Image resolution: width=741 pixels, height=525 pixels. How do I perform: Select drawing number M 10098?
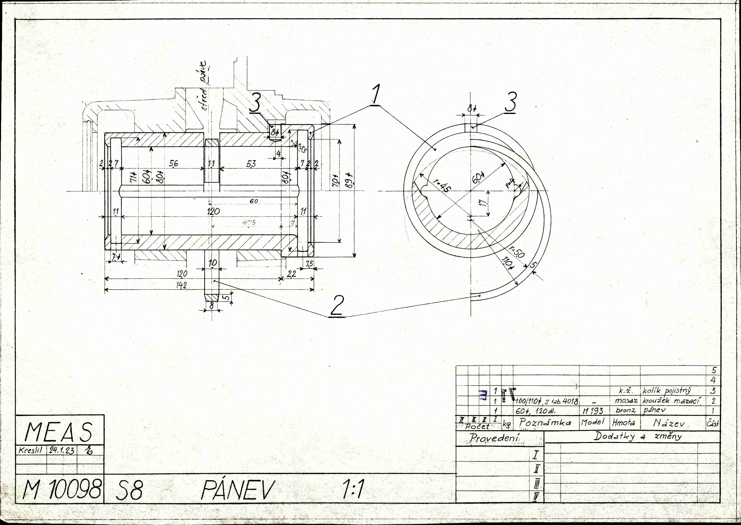click(61, 489)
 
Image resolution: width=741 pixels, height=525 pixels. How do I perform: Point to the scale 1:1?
click(353, 489)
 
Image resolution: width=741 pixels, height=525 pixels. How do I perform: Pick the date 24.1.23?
click(61, 450)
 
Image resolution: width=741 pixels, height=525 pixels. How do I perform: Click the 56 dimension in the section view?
click(174, 164)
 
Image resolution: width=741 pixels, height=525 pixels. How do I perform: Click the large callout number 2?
click(337, 306)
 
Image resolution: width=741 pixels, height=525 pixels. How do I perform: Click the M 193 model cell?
click(593, 411)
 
